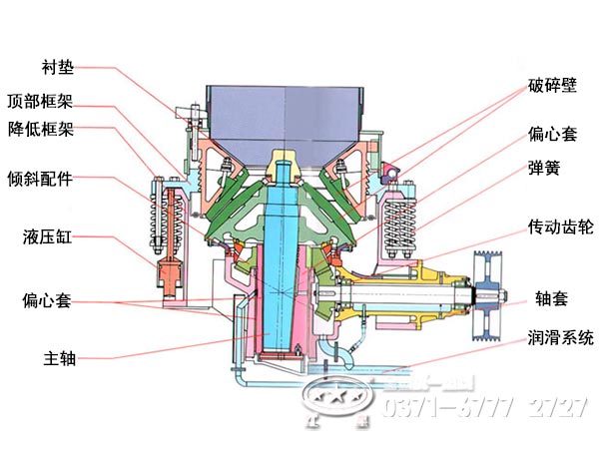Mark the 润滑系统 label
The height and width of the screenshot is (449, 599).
pos(559,337)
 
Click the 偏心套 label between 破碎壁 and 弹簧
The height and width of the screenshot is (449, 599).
pos(552,132)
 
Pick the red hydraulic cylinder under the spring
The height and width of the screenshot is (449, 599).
pos(166,269)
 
